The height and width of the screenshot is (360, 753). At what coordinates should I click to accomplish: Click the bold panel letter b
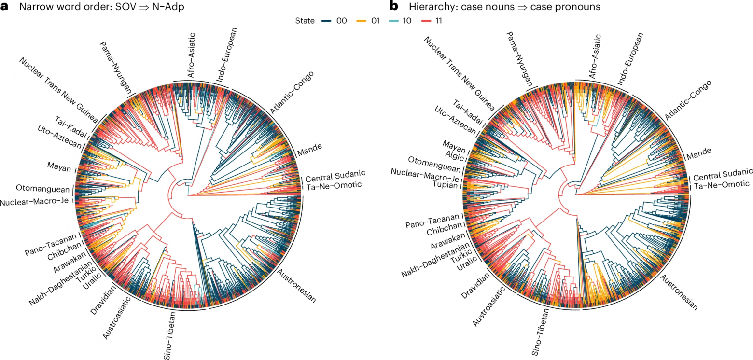coord(393,6)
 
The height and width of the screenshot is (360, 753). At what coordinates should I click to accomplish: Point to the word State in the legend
coord(305,21)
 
